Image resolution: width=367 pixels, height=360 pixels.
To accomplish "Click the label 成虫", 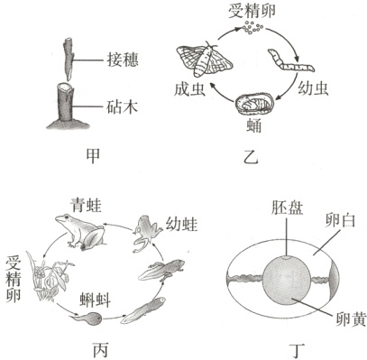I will click(190, 90).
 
